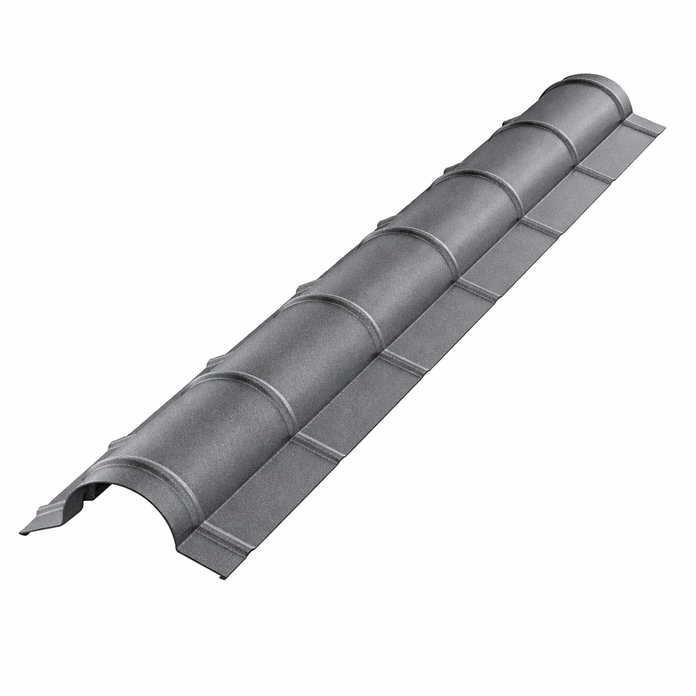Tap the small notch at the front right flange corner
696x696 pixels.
tap(224, 577)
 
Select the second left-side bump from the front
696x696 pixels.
tap(216, 361)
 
